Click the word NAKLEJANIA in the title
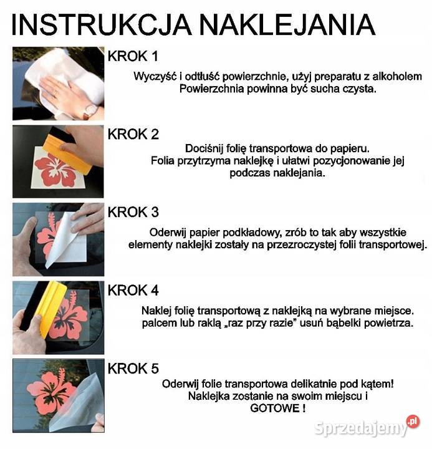[x=287, y=24]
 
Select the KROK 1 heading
[x=133, y=57]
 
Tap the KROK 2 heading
[x=133, y=134]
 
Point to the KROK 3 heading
[x=133, y=212]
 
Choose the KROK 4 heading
[x=133, y=290]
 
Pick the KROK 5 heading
[x=133, y=369]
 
